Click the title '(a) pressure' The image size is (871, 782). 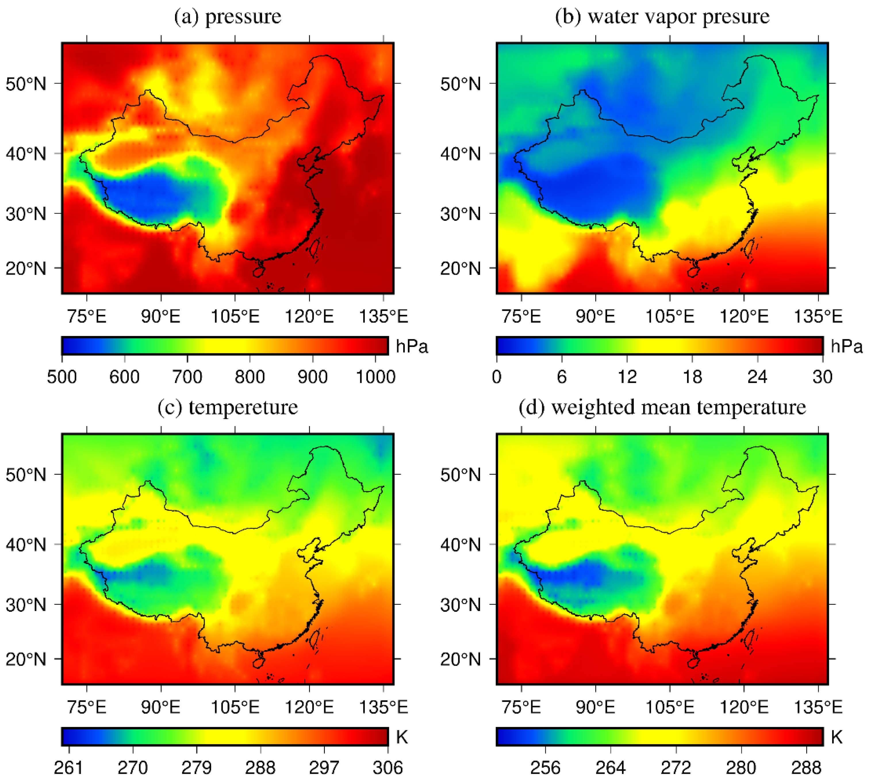227,17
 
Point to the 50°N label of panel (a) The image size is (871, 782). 26,84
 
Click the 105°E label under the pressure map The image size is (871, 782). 235,317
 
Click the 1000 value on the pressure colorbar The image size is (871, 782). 375,377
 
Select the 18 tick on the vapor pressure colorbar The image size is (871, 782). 692,377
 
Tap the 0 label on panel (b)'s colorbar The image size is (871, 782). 497,377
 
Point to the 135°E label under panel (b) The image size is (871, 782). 818,317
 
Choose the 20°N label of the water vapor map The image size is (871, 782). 460,269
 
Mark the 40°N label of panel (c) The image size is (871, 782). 26,545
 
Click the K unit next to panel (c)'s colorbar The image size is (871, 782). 402,737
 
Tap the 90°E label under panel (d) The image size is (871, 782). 596,708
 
